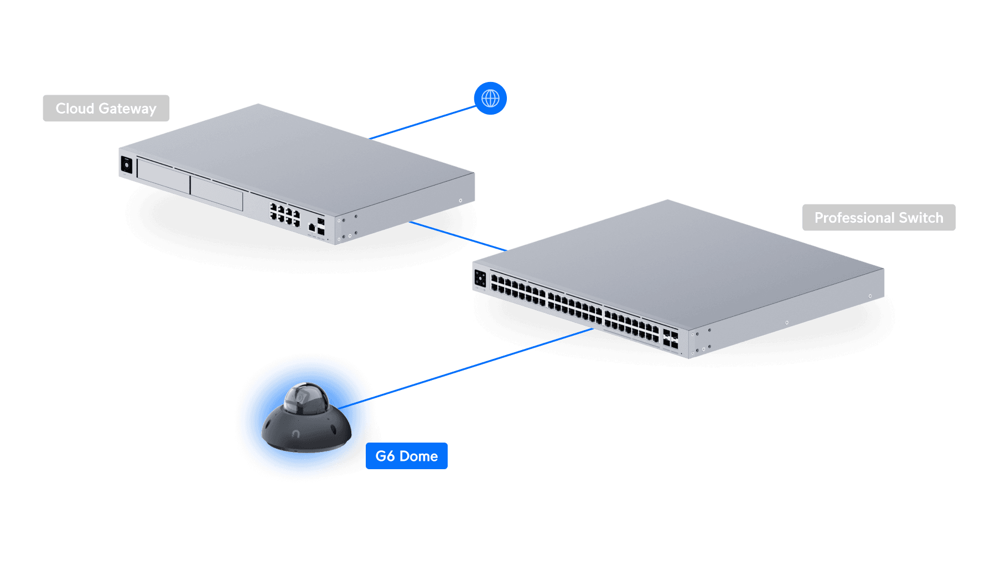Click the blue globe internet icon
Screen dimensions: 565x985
tap(490, 99)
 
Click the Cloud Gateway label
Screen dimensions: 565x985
tap(106, 109)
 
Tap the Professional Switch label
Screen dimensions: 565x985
tap(879, 218)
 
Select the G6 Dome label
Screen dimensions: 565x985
tap(407, 456)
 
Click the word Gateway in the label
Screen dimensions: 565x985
tap(128, 109)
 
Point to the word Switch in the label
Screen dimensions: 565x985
tap(921, 218)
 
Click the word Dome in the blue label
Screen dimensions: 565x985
tap(418, 456)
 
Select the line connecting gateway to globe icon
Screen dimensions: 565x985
tap(423, 122)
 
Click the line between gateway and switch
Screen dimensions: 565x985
tap(458, 236)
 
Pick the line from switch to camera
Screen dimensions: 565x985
tap(481, 363)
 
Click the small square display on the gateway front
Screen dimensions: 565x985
tap(127, 165)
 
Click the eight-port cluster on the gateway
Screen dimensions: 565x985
tap(284, 214)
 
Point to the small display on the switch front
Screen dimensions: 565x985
tap(480, 278)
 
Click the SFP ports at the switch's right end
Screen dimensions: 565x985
tap(670, 339)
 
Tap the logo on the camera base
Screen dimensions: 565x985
tap(295, 434)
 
